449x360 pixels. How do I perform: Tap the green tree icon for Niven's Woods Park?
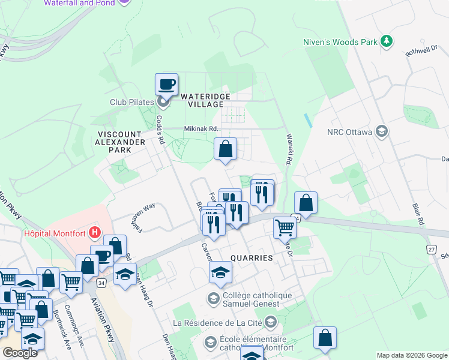tap(387, 41)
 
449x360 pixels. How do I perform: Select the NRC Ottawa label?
tap(350, 132)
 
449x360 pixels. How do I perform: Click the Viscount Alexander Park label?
tap(118, 142)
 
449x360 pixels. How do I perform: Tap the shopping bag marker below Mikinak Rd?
tap(225, 149)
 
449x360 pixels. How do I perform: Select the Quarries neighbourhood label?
tap(251, 257)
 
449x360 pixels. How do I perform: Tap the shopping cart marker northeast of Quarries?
tap(285, 227)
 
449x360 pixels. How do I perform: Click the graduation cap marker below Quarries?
tap(220, 272)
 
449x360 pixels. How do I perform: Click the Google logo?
tap(20, 353)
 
